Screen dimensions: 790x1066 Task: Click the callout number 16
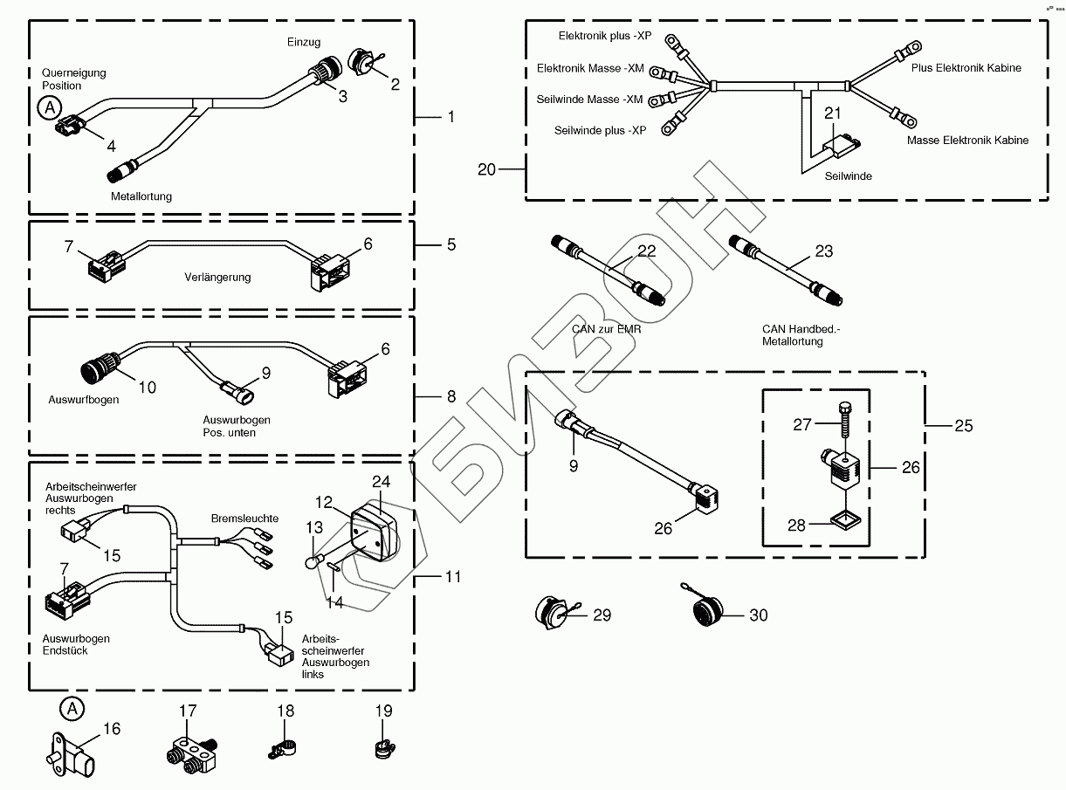111,729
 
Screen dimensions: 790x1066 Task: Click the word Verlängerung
217,278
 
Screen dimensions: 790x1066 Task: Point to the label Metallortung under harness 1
141,196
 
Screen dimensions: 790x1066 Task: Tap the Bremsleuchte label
244,519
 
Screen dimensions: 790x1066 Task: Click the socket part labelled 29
554,613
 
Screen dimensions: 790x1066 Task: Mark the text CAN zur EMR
607,329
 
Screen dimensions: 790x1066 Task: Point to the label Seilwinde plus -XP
601,130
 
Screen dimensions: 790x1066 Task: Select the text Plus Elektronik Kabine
966,67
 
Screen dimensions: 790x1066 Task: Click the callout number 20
486,169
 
